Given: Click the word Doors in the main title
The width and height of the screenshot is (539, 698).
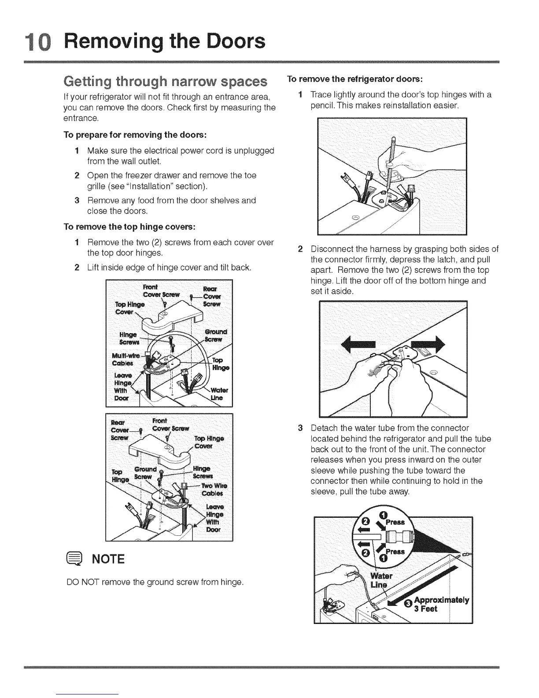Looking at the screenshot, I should [231, 41].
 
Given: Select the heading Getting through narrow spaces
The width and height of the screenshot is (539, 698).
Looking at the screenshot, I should [166, 82].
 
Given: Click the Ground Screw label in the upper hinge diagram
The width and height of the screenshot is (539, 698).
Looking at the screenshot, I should [215, 335].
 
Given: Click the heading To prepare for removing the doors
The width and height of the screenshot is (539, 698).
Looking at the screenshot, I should [135, 134].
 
